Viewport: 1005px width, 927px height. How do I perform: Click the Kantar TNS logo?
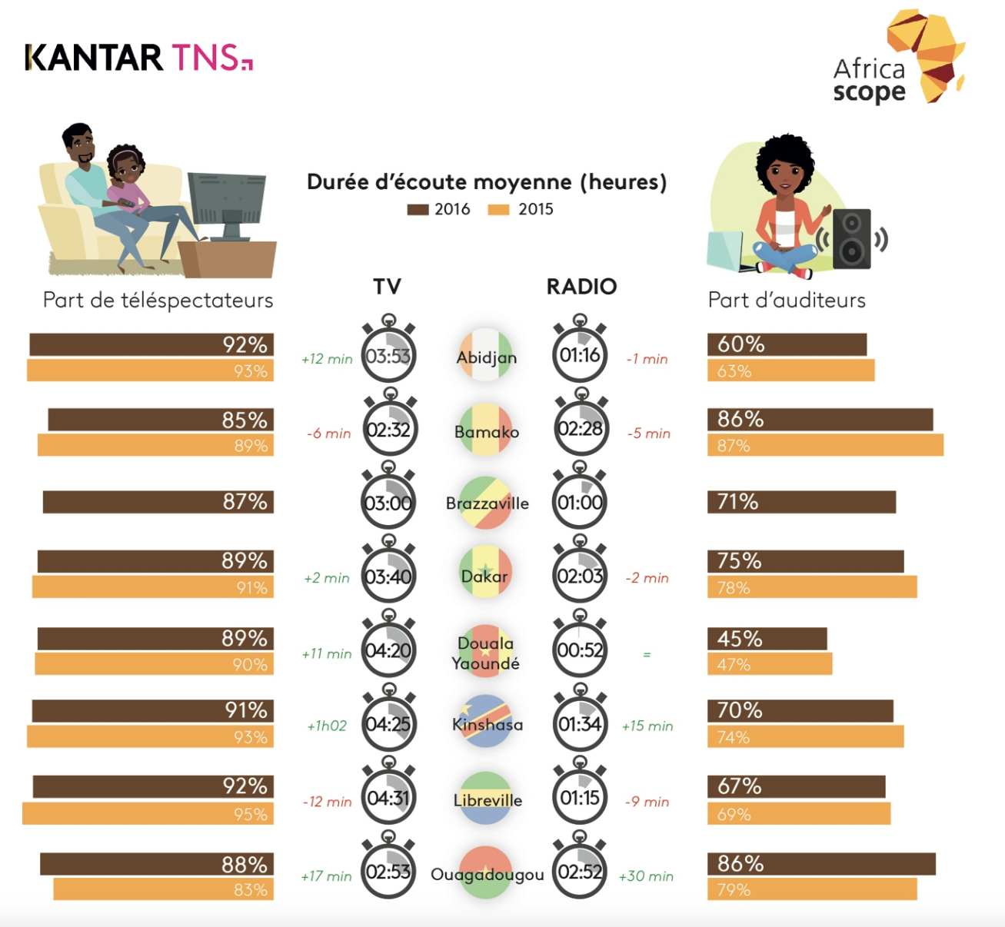(138, 58)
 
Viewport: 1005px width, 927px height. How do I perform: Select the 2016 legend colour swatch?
(418, 210)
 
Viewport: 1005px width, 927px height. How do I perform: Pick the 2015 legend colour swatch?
(498, 210)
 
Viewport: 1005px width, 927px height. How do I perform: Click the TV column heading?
(388, 287)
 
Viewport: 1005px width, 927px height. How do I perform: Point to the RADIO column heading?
(581, 287)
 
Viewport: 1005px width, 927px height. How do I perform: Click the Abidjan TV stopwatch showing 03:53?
(388, 355)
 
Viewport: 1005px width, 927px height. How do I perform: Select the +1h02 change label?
(327, 726)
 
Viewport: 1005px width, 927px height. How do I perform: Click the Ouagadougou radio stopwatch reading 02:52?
(580, 871)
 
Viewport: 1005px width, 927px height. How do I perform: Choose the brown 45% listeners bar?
(767, 639)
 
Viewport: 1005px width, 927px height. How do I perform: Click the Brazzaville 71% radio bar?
(801, 502)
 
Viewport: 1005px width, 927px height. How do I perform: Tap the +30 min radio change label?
(646, 876)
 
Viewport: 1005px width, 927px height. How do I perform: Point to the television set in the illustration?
(227, 204)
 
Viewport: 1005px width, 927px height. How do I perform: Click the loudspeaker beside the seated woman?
(852, 238)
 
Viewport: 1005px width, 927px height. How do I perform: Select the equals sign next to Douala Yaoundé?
(647, 655)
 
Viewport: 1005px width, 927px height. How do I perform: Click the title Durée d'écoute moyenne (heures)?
(487, 182)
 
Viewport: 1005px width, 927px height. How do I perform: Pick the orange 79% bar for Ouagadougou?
(812, 889)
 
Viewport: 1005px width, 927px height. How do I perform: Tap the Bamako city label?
(486, 432)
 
